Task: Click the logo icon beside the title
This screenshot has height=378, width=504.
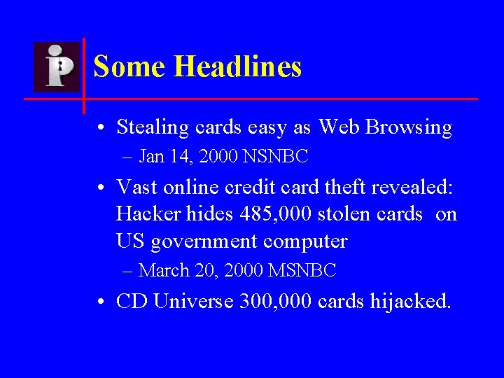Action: [x=57, y=66]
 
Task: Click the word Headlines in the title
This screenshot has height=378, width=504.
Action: [x=237, y=67]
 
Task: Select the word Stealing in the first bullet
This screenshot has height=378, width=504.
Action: [x=153, y=128]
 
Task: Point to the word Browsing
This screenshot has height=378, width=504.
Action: [x=409, y=128]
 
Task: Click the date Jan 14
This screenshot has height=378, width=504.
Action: [x=166, y=157]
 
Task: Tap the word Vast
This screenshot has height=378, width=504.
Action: [x=137, y=187]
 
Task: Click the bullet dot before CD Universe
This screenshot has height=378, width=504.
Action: [x=102, y=302]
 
